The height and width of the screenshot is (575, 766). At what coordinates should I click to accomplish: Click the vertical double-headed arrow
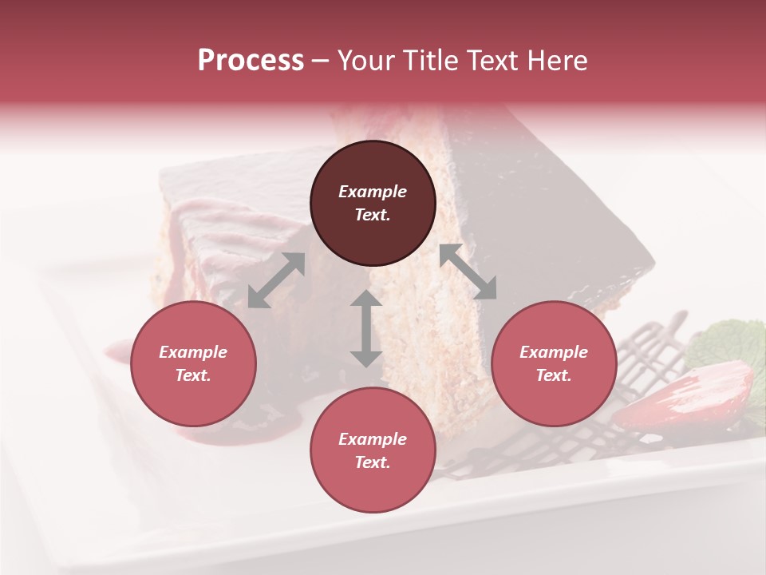pos(366,328)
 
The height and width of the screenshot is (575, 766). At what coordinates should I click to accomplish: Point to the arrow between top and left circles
pos(276,280)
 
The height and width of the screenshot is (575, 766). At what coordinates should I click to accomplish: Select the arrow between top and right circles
pos(468,272)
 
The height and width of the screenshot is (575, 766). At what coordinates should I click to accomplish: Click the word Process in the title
pos(251,61)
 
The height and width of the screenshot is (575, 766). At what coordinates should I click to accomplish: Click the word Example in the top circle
pos(373,192)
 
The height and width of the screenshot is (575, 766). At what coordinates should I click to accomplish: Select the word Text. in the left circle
pos(193,375)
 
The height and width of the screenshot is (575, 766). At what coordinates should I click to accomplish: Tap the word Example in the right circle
pos(554,352)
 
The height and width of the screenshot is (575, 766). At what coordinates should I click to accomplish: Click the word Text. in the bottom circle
pos(373,462)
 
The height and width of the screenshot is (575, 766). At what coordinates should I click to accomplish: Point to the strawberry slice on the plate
pos(686,395)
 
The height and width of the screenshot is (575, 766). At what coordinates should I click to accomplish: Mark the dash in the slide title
pos(321,61)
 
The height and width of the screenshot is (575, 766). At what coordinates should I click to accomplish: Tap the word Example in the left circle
pos(193,352)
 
